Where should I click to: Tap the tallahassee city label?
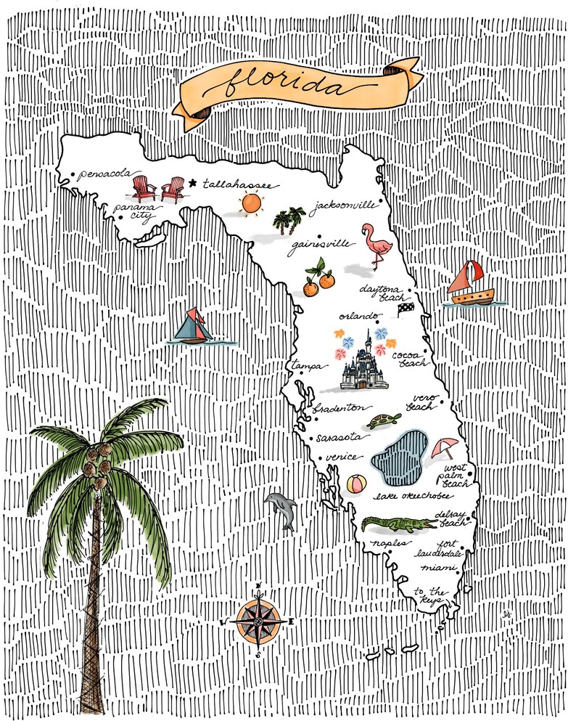pyautogui.click(x=237, y=185)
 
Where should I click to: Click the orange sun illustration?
pyautogui.click(x=250, y=203)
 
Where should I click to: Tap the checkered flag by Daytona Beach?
pyautogui.click(x=404, y=311)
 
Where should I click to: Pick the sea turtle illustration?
pyautogui.click(x=383, y=420)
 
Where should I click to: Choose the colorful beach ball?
pyautogui.click(x=355, y=484)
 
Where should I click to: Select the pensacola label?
pyautogui.click(x=105, y=174)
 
